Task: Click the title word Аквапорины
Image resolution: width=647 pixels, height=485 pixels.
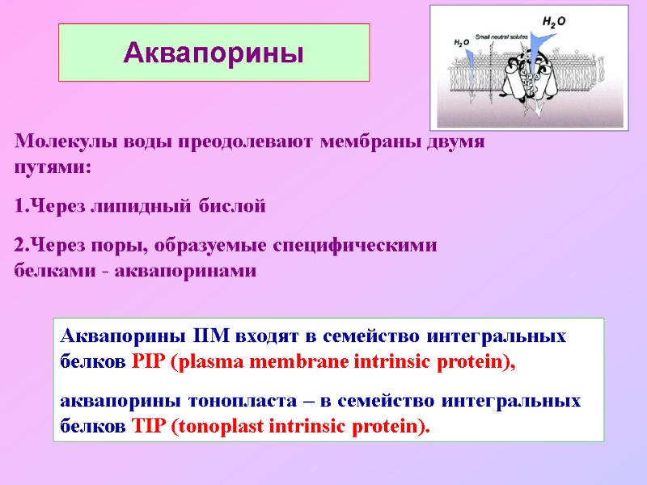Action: point(214,53)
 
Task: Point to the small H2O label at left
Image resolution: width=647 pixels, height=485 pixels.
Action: point(461,42)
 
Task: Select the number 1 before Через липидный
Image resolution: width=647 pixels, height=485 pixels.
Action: point(20,207)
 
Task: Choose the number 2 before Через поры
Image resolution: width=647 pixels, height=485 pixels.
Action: point(20,246)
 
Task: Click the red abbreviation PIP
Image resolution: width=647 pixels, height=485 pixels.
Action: point(146,362)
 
